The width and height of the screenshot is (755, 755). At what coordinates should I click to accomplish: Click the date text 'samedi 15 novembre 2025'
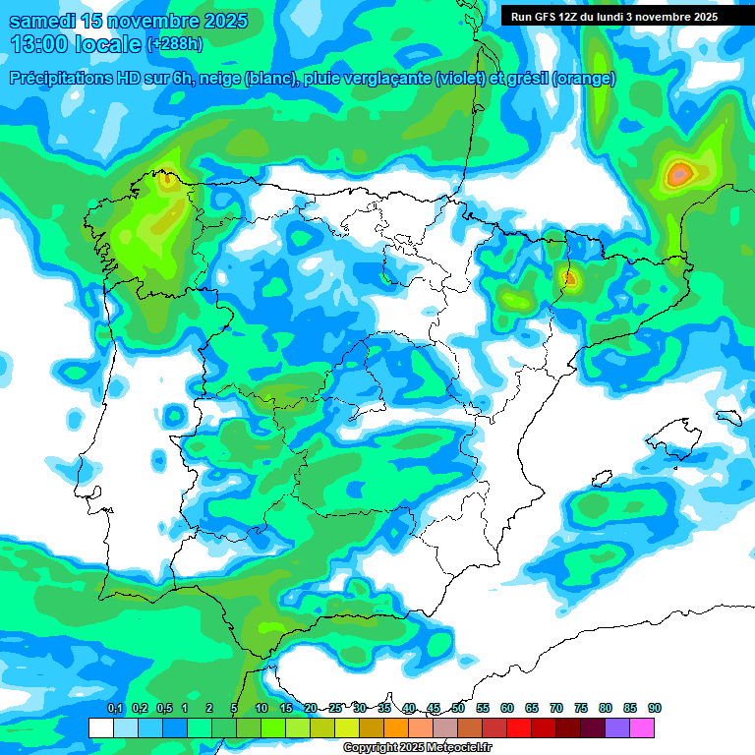128,21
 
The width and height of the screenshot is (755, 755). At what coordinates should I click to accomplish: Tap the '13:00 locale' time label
76,44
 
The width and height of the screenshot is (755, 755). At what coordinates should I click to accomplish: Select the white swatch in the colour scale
100,727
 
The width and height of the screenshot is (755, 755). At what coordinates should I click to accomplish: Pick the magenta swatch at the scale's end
642,727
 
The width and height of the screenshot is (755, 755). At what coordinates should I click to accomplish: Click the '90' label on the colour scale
654,708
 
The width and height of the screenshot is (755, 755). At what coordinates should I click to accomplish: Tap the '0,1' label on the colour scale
115,708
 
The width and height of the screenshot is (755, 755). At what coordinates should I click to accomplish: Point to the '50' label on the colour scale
458,708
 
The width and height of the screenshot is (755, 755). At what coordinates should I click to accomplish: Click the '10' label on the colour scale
261,708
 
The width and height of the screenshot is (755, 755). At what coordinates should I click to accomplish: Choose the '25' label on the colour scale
335,708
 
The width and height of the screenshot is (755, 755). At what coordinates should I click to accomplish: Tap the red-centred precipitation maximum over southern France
678,175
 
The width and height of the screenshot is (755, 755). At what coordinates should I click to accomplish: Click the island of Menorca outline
728,417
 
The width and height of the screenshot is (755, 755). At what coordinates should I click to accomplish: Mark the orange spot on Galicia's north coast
168,179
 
